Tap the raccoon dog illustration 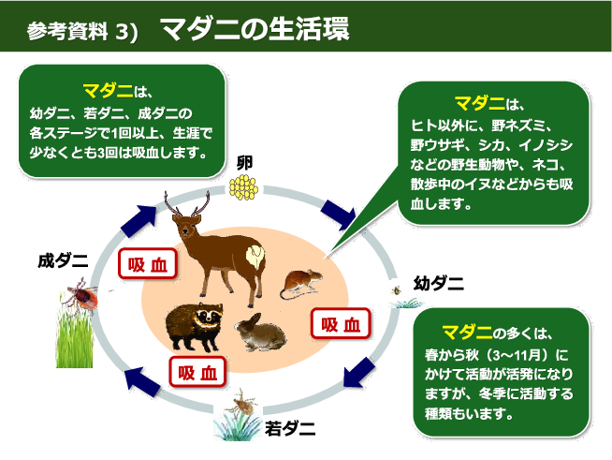click(194, 324)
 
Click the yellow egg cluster click(244, 188)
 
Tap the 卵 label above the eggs click(245, 162)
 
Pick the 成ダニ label click(63, 260)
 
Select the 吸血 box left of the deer click(146, 264)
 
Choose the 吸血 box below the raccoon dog click(197, 372)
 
